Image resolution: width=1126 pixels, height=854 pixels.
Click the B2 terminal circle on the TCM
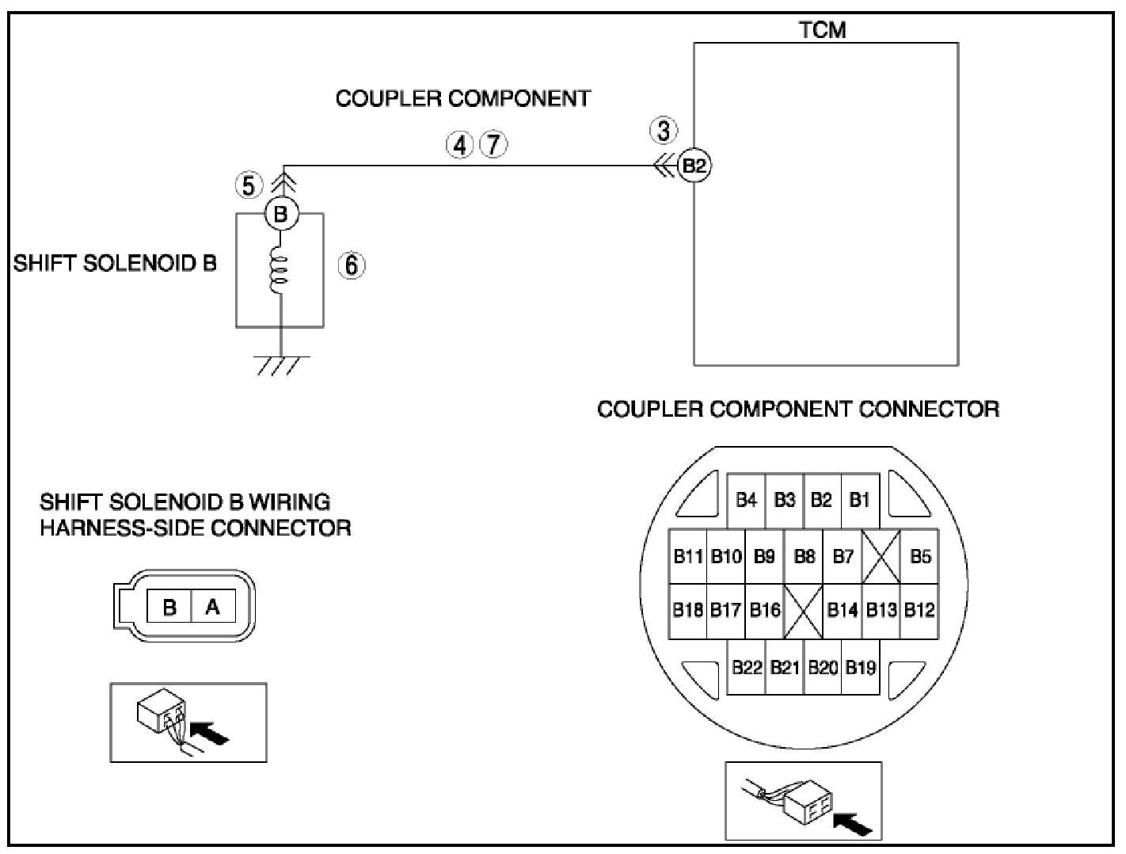point(694,166)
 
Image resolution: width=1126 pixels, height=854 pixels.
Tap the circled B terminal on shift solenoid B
point(280,214)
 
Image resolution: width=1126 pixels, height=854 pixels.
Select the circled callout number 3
point(664,130)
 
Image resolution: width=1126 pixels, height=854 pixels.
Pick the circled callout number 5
point(249,185)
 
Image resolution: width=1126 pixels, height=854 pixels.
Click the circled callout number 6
point(352,265)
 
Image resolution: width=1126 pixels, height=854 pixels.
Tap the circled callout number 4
point(459,145)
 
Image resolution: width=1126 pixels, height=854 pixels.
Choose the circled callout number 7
point(494,145)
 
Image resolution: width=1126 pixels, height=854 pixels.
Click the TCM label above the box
point(822,30)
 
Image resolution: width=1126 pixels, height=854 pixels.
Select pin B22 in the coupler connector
point(746,667)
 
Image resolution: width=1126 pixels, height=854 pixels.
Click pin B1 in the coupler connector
point(859,500)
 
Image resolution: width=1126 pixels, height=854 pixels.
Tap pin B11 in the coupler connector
point(688,556)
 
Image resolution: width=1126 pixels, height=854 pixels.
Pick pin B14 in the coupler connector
point(842,610)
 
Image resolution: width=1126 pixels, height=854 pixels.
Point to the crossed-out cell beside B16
point(803,611)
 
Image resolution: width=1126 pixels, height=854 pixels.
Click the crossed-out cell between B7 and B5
point(881,556)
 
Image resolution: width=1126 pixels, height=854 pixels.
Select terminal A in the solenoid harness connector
point(212,607)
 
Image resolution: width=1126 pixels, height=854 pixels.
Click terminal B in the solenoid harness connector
point(169,607)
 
